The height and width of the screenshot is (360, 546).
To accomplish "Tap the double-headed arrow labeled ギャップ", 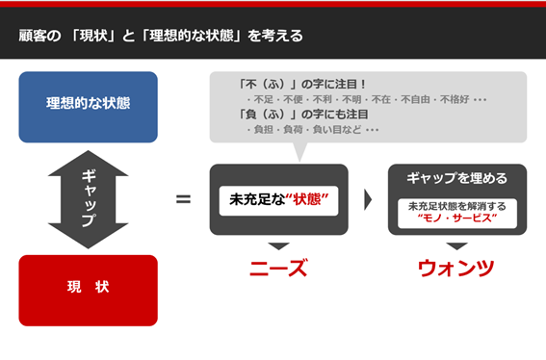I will click(x=88, y=198).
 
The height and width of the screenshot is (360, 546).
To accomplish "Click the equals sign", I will click(x=183, y=199).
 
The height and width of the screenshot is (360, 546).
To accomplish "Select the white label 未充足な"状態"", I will click(x=279, y=200).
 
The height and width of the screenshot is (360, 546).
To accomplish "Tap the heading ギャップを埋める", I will click(x=456, y=178).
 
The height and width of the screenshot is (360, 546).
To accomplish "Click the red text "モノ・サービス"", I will click(x=457, y=219).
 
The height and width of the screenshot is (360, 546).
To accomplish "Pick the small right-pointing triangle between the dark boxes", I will click(x=368, y=200).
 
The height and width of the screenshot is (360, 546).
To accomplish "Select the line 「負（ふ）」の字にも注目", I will click(x=299, y=115).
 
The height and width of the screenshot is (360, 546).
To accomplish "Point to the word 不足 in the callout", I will click(x=262, y=99).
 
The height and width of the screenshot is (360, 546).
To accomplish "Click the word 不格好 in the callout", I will click(x=452, y=99).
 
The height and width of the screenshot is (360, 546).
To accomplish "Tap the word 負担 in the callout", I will click(x=262, y=130).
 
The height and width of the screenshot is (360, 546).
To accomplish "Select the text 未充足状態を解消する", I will click(x=457, y=205).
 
